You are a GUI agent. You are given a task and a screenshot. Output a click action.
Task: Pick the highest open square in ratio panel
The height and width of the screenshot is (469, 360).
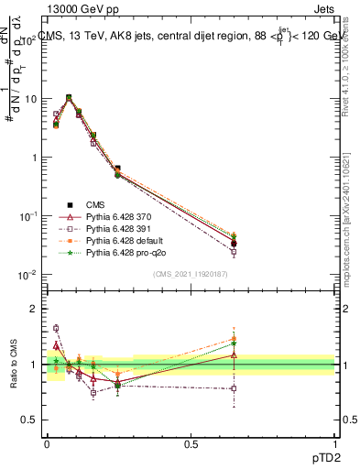(x=56, y=328)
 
